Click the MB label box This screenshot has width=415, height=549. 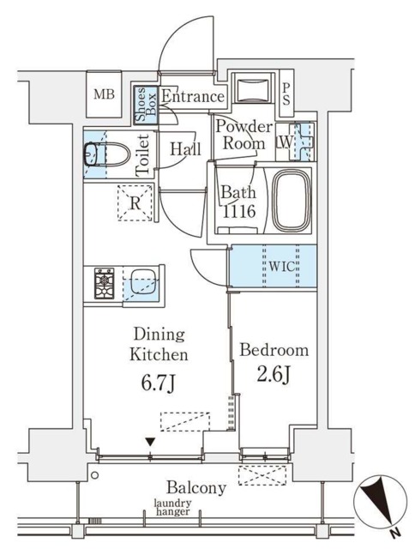[x=104, y=94]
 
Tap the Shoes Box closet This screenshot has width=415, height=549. [x=147, y=105]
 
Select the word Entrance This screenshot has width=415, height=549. [x=192, y=96]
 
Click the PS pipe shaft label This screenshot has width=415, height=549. [x=286, y=94]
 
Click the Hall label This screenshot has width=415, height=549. [x=185, y=148]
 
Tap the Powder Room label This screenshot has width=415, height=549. [x=244, y=135]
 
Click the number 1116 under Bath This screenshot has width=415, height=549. [x=239, y=212]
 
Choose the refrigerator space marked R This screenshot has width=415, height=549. [x=135, y=202]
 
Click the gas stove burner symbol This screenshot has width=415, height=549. [x=105, y=283]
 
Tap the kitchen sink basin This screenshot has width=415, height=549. [x=143, y=284]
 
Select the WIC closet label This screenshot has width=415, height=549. [x=282, y=267]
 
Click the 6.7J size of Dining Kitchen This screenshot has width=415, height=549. [x=158, y=384]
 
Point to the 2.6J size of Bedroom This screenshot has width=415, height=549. [x=274, y=376]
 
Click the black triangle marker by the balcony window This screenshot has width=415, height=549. [x=150, y=443]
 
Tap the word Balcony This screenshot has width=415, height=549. [x=196, y=488]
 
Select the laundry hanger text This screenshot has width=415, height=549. [x=173, y=508]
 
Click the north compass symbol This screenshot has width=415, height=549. [x=381, y=503]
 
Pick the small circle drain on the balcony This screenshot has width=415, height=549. [x=94, y=475]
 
